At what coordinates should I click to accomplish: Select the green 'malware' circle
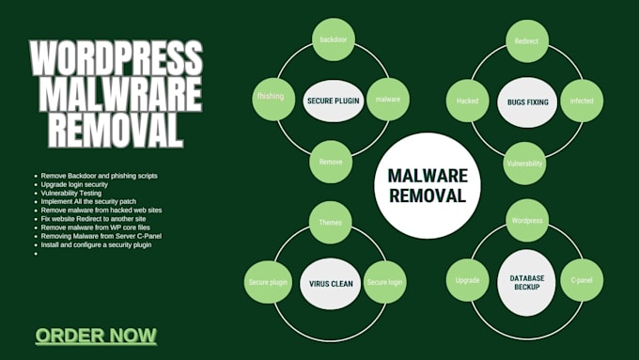coord(388,98)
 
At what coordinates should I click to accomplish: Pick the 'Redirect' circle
coord(526,41)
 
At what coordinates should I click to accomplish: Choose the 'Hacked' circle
coord(468,99)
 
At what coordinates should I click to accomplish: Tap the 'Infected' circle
coord(582,99)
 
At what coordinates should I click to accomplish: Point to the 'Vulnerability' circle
coord(525,164)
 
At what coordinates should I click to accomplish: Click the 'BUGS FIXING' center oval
coord(526,102)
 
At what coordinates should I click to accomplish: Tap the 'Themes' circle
coord(330,223)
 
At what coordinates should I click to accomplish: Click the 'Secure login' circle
coord(385,281)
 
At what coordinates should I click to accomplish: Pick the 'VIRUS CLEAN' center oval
coord(330,281)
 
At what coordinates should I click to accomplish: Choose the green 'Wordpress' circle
coord(526,221)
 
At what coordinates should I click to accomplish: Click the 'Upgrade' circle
coord(468,280)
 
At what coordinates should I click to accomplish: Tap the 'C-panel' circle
coord(581,280)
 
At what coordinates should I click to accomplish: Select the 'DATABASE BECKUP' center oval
coord(527,280)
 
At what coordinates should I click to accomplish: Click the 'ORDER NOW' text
coord(96,336)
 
